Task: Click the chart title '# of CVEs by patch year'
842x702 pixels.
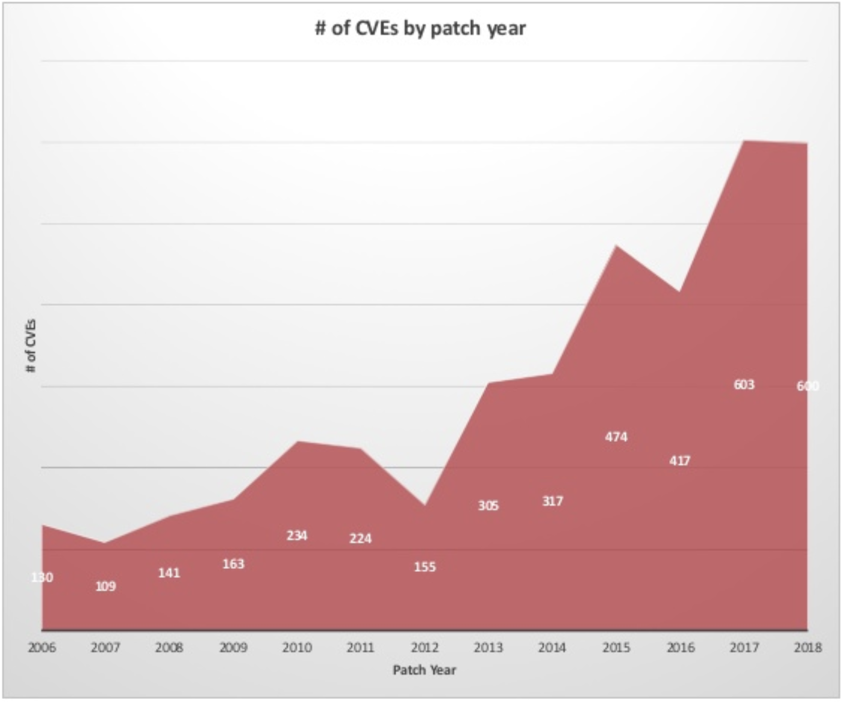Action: pos(420,28)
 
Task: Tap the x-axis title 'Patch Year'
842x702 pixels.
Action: pos(424,670)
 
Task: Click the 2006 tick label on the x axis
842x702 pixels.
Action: pos(42,648)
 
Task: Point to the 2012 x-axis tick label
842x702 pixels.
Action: pos(425,648)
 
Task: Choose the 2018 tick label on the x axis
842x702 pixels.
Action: pos(808,648)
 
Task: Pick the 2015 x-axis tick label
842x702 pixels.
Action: pos(616,648)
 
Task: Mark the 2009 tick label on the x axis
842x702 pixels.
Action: pos(233,648)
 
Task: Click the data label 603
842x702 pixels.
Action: pos(744,385)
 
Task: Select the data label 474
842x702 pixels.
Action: pos(616,437)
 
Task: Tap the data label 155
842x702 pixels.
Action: pos(425,567)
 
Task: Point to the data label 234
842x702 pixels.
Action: pos(297,536)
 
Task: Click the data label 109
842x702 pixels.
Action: pos(105,586)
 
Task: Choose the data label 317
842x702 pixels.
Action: pos(552,502)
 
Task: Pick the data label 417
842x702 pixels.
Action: pos(680,461)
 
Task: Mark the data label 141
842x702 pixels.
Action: pos(169,573)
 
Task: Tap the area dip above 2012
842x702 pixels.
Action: pos(425,505)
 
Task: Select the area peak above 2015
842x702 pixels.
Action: pos(616,246)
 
